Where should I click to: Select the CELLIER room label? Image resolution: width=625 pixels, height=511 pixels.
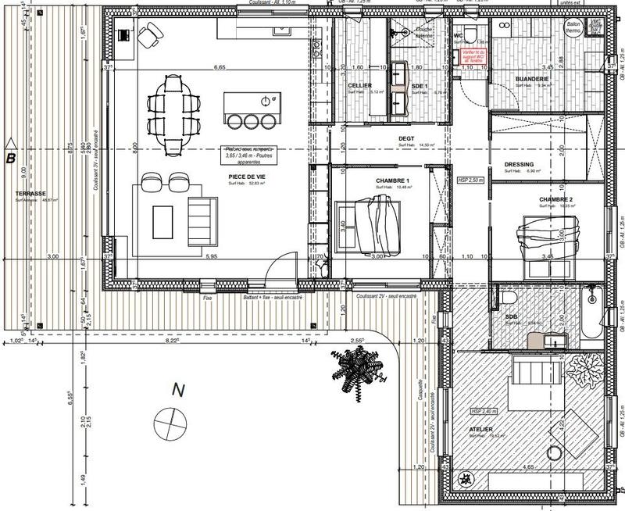coord(360,85)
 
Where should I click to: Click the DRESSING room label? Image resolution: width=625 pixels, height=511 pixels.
coord(519,164)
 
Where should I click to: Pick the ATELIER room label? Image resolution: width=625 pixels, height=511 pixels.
coord(481,429)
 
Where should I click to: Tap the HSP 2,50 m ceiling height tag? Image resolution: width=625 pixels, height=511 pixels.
coord(470,180)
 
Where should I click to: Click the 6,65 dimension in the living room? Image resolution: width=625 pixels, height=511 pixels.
coord(220,68)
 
